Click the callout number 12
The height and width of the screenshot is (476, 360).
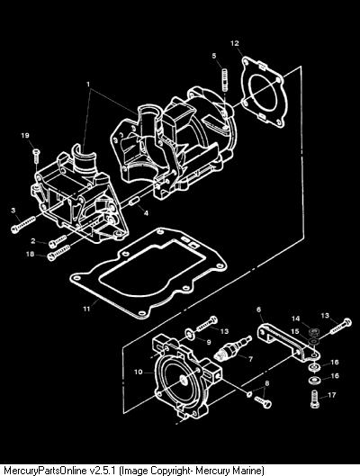pyautogui.click(x=235, y=43)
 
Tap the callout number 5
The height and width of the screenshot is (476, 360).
pyautogui.click(x=214, y=56)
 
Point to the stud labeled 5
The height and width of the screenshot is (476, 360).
pyautogui.click(x=224, y=80)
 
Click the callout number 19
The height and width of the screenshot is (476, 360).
pyautogui.click(x=25, y=135)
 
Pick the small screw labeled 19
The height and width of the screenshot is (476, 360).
pyautogui.click(x=36, y=156)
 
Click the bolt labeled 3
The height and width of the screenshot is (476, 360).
pyautogui.click(x=22, y=223)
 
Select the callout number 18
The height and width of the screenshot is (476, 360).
pyautogui.click(x=30, y=254)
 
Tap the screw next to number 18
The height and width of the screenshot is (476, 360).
pyautogui.click(x=58, y=253)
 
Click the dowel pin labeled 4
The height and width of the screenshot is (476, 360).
pyautogui.click(x=134, y=202)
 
